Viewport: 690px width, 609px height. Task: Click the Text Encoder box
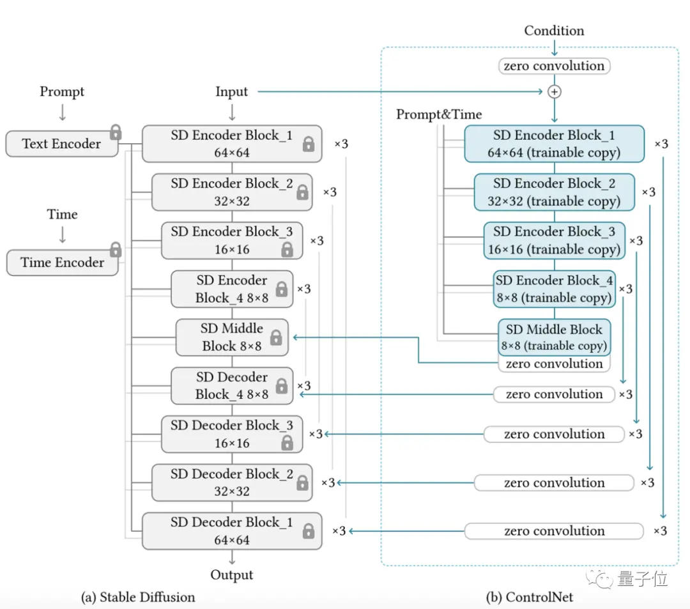coord(62,143)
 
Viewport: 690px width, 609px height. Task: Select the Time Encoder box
coord(63,262)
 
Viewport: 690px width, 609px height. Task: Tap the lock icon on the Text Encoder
coord(116,132)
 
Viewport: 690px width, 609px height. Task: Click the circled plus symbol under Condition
coord(555,91)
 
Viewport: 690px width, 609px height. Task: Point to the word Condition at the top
coord(554,31)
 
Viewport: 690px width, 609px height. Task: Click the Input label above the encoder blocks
coord(231,91)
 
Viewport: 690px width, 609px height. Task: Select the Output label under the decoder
coord(231,574)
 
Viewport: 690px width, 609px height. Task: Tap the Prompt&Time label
coord(439,114)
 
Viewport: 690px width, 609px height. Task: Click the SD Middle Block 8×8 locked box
coord(232,337)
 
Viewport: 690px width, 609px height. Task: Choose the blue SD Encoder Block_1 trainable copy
coord(555,144)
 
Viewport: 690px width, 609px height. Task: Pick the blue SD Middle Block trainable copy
coord(555,337)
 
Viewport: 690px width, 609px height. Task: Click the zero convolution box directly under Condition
coord(555,66)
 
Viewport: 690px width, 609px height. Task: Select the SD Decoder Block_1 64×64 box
coord(232,531)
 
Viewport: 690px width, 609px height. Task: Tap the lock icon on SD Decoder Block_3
coord(287,443)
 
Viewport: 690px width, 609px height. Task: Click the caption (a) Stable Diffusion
coord(138,597)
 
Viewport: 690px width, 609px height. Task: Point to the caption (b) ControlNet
coord(530,597)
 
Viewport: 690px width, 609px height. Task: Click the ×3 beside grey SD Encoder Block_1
coord(341,144)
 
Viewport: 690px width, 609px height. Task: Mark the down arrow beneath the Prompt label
coord(63,112)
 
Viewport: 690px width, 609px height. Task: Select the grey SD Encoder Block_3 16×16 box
coord(232,241)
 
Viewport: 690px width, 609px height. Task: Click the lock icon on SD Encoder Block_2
coord(302,192)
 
